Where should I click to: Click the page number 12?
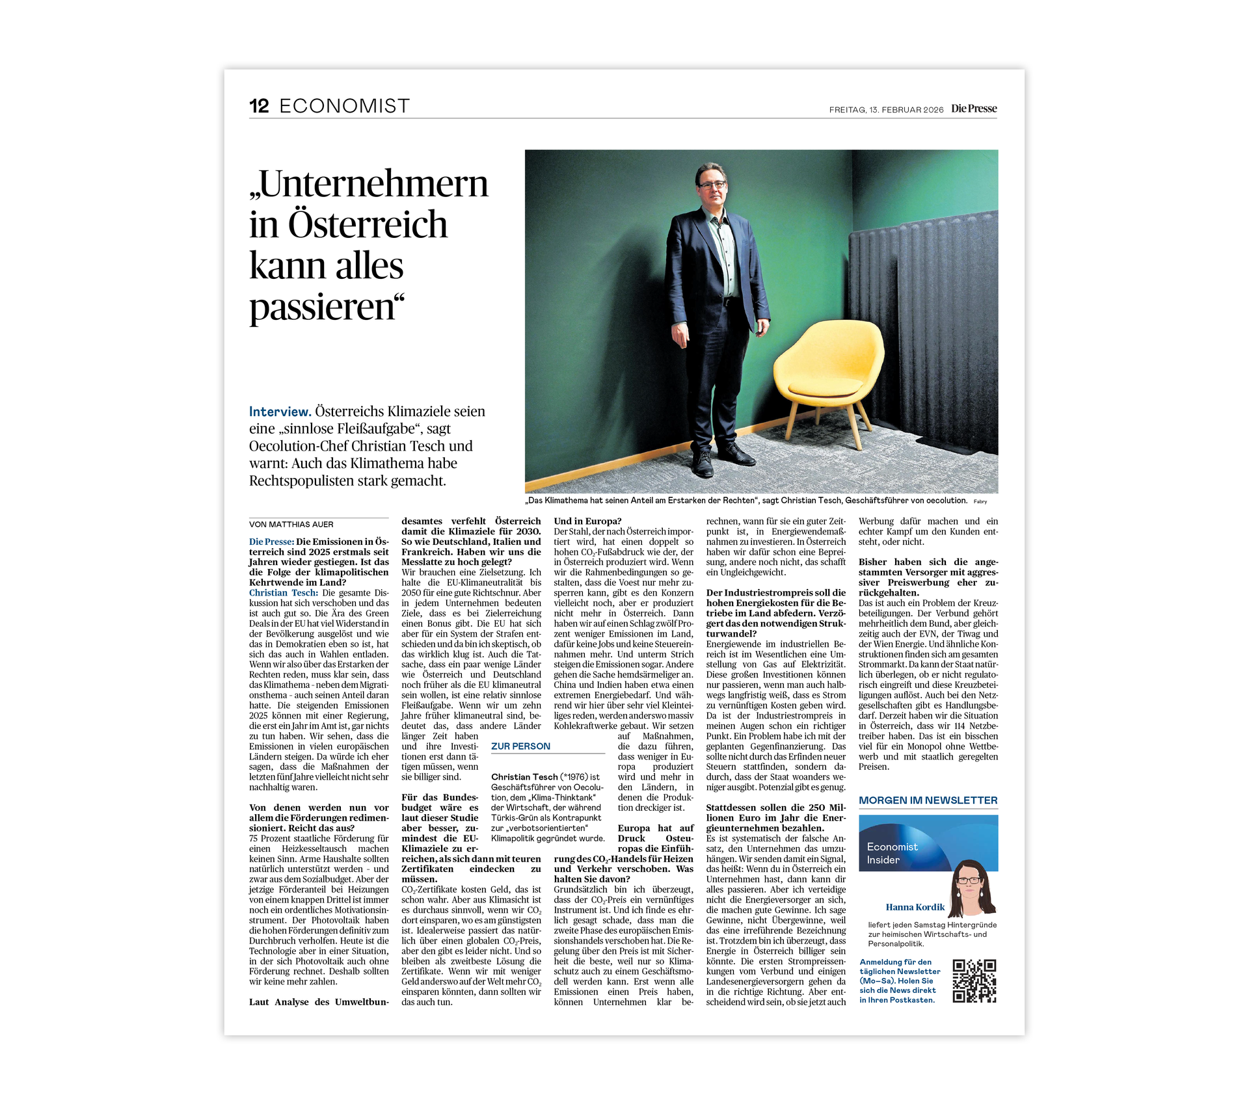[x=259, y=107]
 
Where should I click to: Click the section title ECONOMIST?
[x=344, y=107]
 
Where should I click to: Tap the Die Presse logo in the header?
[x=973, y=109]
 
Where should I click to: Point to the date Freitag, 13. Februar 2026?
[x=885, y=110]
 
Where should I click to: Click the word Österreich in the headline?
[x=368, y=225]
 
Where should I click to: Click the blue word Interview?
[x=280, y=412]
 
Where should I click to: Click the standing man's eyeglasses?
[x=712, y=185]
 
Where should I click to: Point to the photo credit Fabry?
[x=980, y=501]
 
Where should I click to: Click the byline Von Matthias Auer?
[x=291, y=525]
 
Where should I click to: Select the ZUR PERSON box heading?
[x=520, y=746]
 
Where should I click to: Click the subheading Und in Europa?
[x=587, y=521]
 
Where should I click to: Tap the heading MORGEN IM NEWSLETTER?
[x=928, y=800]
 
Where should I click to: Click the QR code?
[x=974, y=981]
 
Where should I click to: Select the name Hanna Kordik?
[x=915, y=907]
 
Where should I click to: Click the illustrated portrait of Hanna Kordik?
[x=972, y=888]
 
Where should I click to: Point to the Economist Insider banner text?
[x=892, y=853]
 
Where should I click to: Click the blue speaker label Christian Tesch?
[x=284, y=593]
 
